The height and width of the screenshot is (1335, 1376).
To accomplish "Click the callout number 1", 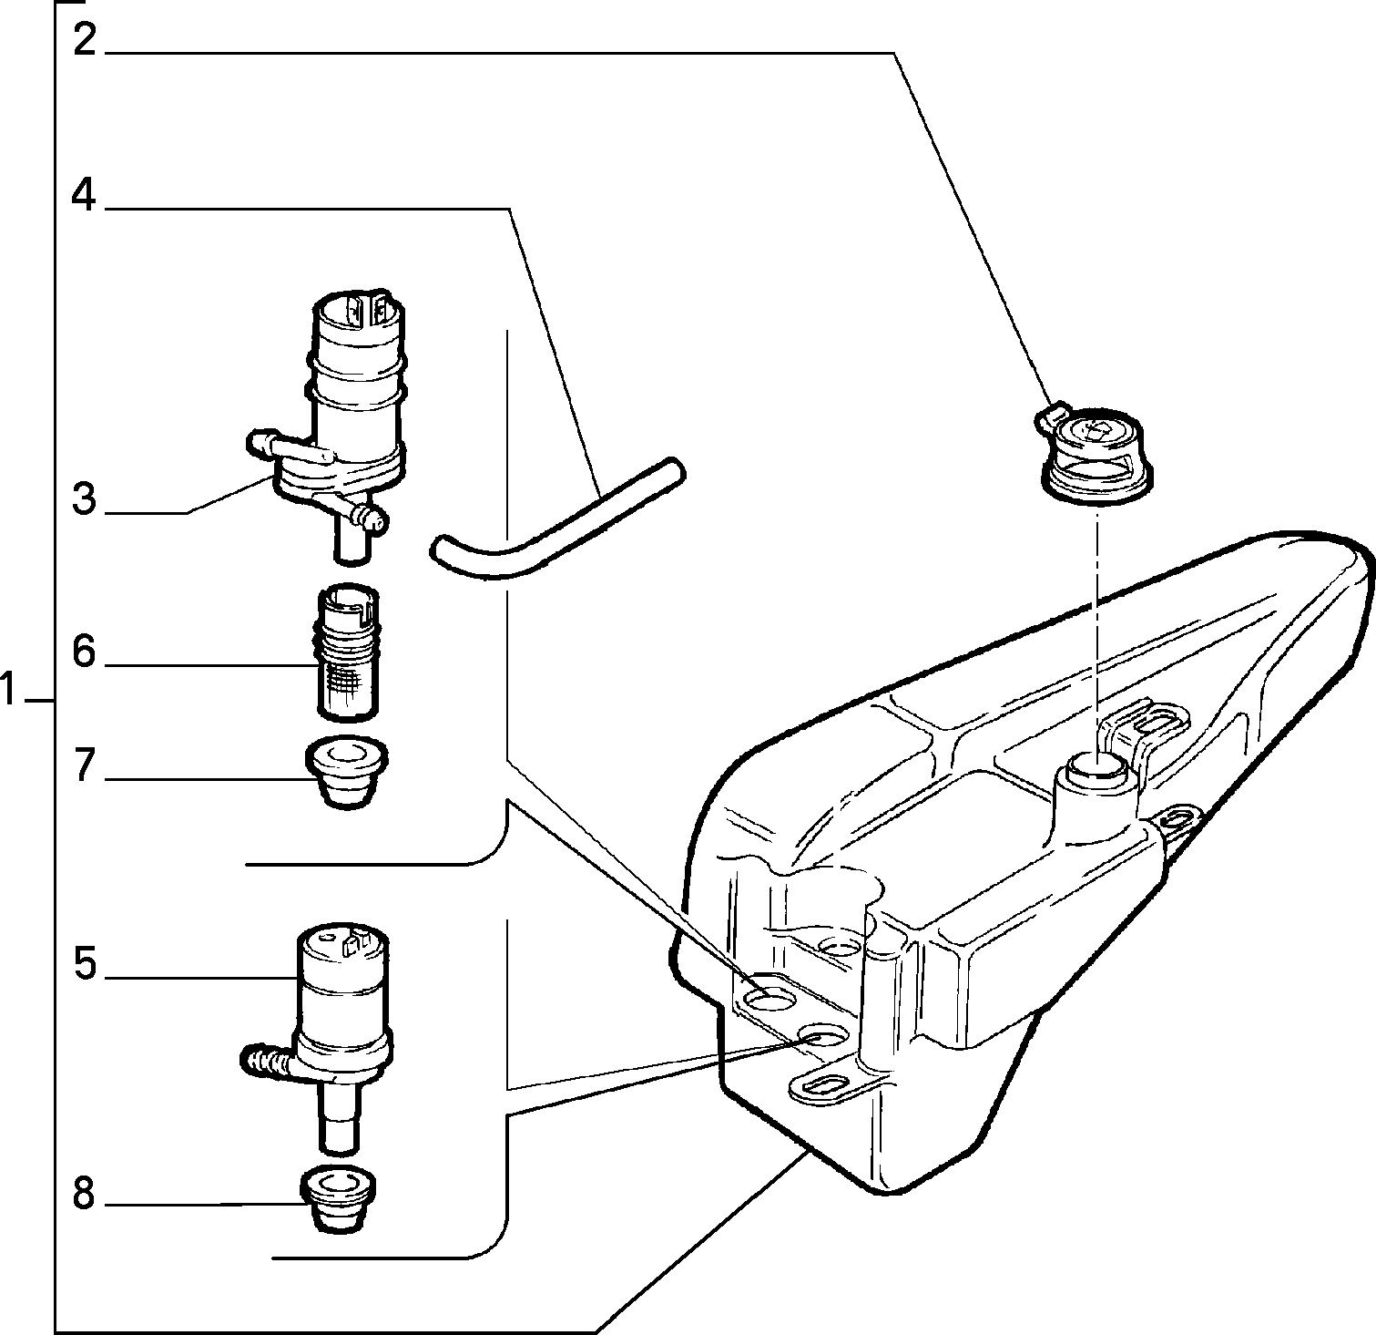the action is pos(9,690).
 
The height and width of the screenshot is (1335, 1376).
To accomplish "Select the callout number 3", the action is pos(84,498).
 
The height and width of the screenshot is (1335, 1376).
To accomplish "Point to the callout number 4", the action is pos(85,195).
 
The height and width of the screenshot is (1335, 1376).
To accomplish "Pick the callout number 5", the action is pos(85,963).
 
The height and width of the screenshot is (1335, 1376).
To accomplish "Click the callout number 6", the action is pos(84,652).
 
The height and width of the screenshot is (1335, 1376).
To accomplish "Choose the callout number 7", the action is pos(85,765).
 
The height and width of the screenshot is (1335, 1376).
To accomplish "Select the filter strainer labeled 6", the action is pos(347,650).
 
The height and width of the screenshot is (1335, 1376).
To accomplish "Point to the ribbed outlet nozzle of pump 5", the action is pos(266,1060).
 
